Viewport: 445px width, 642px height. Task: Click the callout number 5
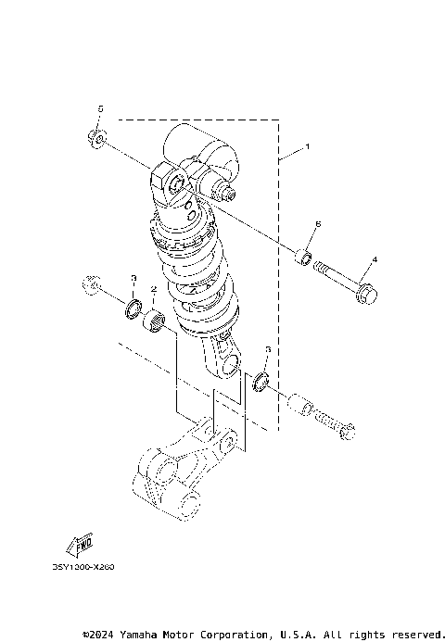(x=102, y=109)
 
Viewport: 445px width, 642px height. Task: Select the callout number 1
(x=307, y=147)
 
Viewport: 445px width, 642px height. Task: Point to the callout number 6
(x=317, y=224)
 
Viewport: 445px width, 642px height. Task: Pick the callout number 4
(x=375, y=259)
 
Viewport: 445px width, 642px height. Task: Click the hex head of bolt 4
(x=365, y=295)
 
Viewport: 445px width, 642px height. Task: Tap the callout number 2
(x=154, y=290)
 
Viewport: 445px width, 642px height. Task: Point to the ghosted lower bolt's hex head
(x=348, y=432)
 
